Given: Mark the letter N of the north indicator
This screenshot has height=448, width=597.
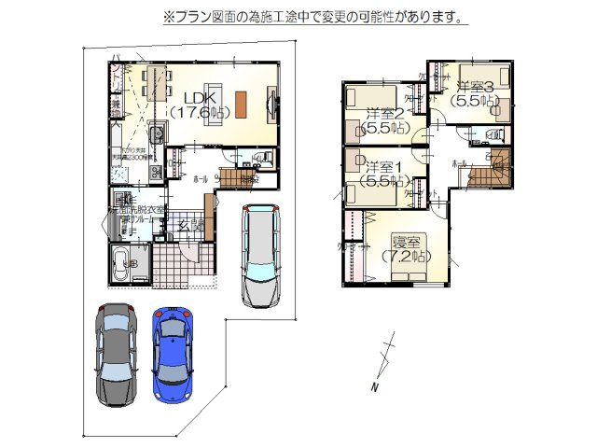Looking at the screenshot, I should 373,386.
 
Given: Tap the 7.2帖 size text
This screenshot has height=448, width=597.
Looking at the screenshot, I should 404,254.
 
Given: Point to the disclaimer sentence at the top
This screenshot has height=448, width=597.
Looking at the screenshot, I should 315,18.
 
